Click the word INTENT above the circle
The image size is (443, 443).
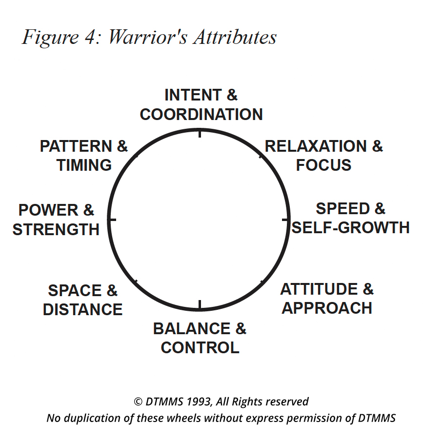coord(193,95)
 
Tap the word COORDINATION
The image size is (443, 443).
coord(201,115)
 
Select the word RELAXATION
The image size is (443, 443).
coord(316,146)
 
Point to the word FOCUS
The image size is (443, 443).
coord(323,165)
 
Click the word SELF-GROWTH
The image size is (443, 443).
coord(351,228)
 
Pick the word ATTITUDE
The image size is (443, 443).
coord(319,289)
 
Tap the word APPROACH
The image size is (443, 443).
coord(327,308)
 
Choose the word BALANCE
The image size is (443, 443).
coord(192,328)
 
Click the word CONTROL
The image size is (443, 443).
coord(200,347)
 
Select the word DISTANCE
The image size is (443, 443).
coord(83,309)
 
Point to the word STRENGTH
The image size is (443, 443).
coord(56,229)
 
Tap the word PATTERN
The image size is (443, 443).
coord(76,146)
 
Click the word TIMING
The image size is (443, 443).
coord(84,165)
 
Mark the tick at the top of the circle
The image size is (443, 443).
coord(200,133)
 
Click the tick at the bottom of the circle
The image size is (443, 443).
coord(200,304)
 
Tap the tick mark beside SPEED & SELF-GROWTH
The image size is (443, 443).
coord(285,220)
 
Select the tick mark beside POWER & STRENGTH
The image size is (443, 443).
coord(112,220)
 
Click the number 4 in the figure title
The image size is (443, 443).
coord(91,38)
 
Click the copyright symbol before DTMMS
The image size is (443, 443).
coord(138,402)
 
